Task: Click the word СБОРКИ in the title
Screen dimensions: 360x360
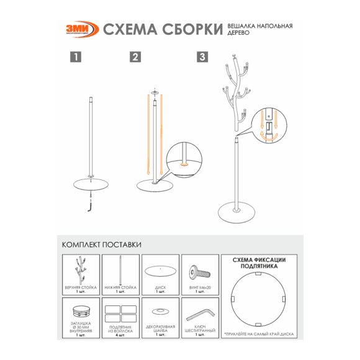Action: click(191, 29)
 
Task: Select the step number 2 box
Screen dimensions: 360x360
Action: click(135, 57)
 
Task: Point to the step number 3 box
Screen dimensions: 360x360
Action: click(202, 57)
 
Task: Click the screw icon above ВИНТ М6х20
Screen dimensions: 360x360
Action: click(200, 271)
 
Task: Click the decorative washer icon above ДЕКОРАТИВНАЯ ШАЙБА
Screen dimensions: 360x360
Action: click(160, 310)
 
